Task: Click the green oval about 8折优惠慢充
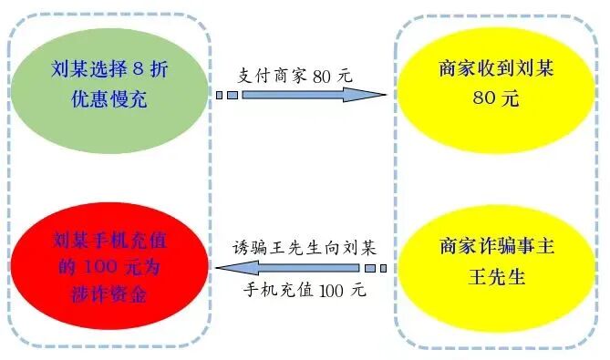tap(107, 82)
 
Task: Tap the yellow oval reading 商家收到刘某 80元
tap(495, 83)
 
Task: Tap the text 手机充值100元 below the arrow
tap(304, 291)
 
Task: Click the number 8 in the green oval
tap(136, 68)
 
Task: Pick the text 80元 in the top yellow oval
tap(495, 98)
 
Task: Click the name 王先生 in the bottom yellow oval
tap(495, 278)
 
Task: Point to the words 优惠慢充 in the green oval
tap(107, 98)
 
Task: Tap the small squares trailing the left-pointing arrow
tap(377, 269)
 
